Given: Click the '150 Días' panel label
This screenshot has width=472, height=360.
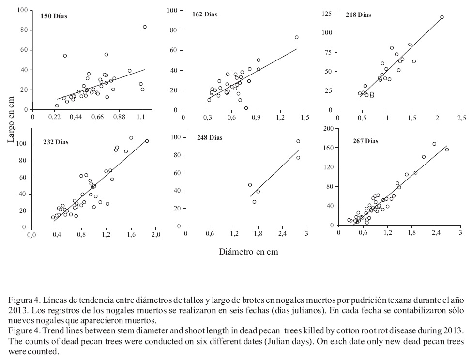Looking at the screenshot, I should pyautogui.click(x=54, y=16).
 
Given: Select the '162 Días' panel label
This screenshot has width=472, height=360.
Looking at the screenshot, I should pyautogui.click(x=204, y=15).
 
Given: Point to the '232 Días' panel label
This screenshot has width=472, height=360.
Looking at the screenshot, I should pyautogui.click(x=56, y=142).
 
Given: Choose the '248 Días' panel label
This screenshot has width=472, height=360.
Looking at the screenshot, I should pyautogui.click(x=209, y=138).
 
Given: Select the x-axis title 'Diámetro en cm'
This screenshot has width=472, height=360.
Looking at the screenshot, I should pyautogui.click(x=248, y=252).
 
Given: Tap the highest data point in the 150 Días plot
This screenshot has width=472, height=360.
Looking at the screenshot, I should pyautogui.click(x=145, y=27).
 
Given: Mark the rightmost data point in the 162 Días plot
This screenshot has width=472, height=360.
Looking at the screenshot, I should pyautogui.click(x=297, y=37).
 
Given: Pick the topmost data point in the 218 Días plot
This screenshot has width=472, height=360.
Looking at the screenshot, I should pyautogui.click(x=442, y=17).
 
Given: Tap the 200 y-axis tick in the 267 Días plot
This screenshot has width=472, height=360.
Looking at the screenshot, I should pyautogui.click(x=328, y=128).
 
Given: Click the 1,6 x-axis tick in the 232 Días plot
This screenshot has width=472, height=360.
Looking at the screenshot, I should pyautogui.click(x=131, y=235).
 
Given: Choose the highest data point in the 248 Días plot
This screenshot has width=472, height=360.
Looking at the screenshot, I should pyautogui.click(x=298, y=141).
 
